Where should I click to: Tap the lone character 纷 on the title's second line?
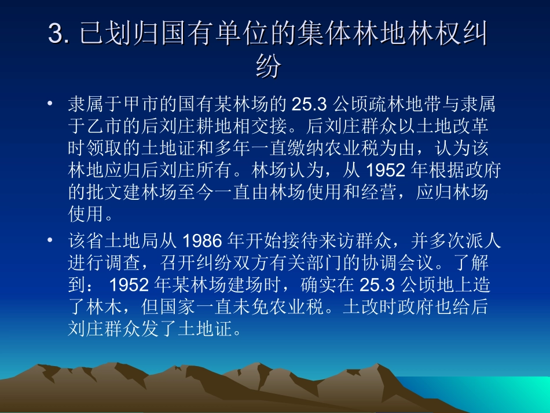pos(268,67)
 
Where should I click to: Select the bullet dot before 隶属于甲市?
pos(51,104)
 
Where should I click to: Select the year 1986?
pos(202,239)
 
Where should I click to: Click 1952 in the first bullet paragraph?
pos(383,172)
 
